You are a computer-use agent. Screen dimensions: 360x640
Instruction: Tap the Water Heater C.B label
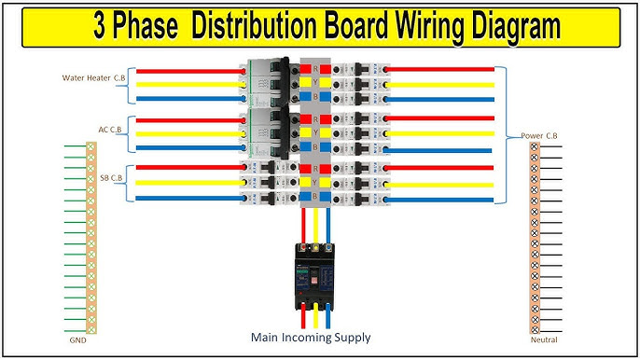[x=93, y=77]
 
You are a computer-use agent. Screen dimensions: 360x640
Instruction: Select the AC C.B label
[x=109, y=130]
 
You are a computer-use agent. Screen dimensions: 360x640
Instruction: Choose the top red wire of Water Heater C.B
[x=187, y=68]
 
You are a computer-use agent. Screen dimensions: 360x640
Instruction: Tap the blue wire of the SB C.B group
[x=187, y=198]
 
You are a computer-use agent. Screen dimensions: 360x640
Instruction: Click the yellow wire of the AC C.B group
[x=187, y=132]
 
